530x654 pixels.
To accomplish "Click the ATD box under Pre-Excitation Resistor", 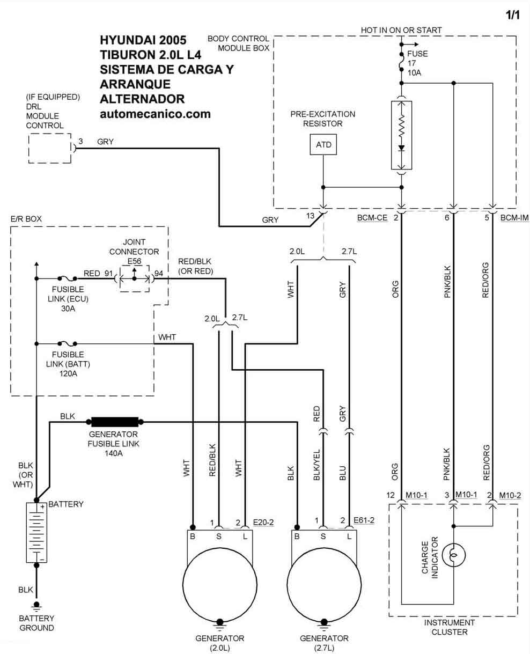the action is [323, 144].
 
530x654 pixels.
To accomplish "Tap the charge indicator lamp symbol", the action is [454, 555].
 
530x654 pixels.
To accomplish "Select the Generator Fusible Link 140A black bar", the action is [115, 422].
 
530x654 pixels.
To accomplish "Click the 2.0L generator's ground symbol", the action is [220, 623].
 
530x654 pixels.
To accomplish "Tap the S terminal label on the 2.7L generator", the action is [323, 537].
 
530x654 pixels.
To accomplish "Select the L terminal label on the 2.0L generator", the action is [245, 537].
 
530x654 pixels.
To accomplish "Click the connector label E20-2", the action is [263, 522].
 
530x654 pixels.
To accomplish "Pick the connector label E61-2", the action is [364, 520].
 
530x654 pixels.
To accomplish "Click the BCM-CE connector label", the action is [372, 218].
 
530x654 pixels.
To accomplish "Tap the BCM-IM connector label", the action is [514, 218].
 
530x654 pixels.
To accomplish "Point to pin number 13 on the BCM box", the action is [310, 216].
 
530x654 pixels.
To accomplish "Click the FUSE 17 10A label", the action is [417, 63].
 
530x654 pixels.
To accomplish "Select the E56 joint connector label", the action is [135, 261].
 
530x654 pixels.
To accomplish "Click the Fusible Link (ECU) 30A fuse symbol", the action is [68, 278].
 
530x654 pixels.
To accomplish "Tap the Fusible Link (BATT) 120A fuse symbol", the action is [68, 343].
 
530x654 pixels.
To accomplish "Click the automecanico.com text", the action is [155, 114].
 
